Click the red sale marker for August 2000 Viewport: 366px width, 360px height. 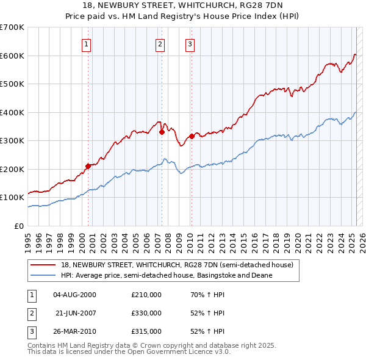[88, 165]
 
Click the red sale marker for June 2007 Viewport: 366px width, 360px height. [162, 131]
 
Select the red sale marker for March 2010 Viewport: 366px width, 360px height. [192, 135]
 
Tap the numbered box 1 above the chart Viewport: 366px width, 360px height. [87, 44]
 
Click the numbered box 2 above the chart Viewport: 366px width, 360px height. [160, 44]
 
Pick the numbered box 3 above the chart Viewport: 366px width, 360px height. [190, 44]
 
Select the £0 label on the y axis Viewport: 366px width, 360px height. [19, 226]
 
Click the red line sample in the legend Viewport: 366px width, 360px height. [43, 265]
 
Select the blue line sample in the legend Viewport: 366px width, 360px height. [43, 275]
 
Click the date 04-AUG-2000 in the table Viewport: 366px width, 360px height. [74, 295]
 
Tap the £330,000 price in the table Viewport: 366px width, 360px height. [146, 313]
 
